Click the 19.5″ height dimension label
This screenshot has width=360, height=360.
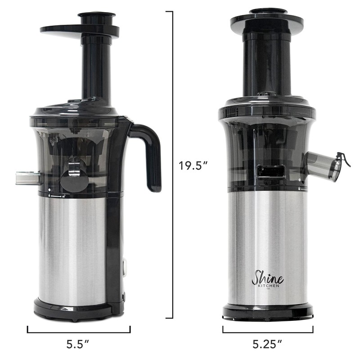tap(193, 165)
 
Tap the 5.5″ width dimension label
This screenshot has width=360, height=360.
tap(78, 345)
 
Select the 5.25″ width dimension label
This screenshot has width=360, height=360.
tap(267, 345)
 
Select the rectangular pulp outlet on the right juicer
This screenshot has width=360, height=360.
tap(270, 171)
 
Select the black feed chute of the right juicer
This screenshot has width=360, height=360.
tap(267, 63)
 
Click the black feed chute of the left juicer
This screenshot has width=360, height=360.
tap(96, 67)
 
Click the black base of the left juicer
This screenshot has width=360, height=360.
tap(72, 310)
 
